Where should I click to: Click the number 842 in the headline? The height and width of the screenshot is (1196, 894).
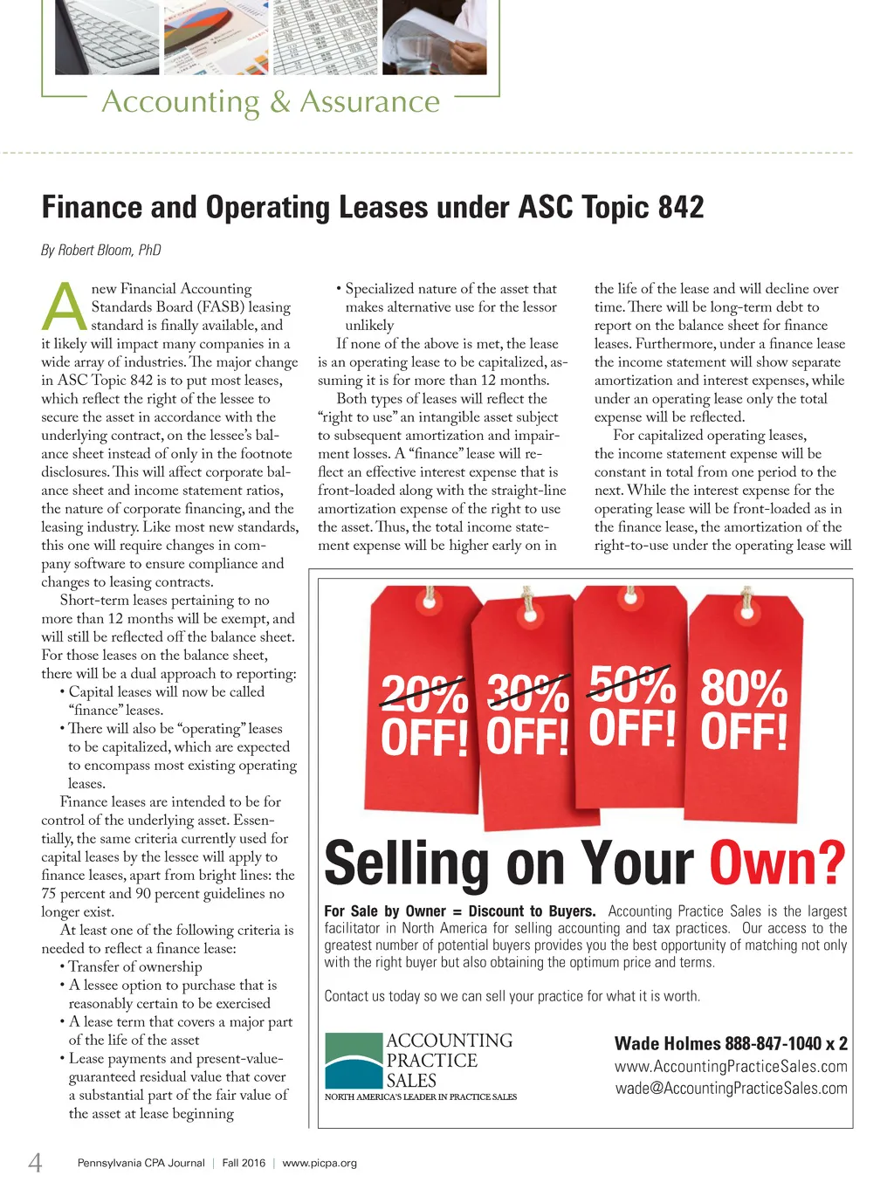pos(681,208)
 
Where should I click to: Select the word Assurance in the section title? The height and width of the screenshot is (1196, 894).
pos(369,102)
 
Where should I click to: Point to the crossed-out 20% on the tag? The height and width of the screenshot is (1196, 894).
pos(424,696)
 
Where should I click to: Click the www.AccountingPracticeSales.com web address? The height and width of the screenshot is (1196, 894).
pos(731,1067)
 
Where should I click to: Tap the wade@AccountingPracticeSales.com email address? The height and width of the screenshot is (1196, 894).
pos(731,1089)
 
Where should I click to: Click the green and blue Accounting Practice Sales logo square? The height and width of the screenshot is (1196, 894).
pos(354,1061)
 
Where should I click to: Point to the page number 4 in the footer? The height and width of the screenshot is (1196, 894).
pos(35,1162)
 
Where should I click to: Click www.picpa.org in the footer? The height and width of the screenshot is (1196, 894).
pos(320,1163)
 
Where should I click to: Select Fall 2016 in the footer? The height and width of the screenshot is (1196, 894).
pos(244,1163)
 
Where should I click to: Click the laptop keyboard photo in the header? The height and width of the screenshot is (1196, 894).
pos(107,37)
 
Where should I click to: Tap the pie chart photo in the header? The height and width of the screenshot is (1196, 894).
pos(217,37)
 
